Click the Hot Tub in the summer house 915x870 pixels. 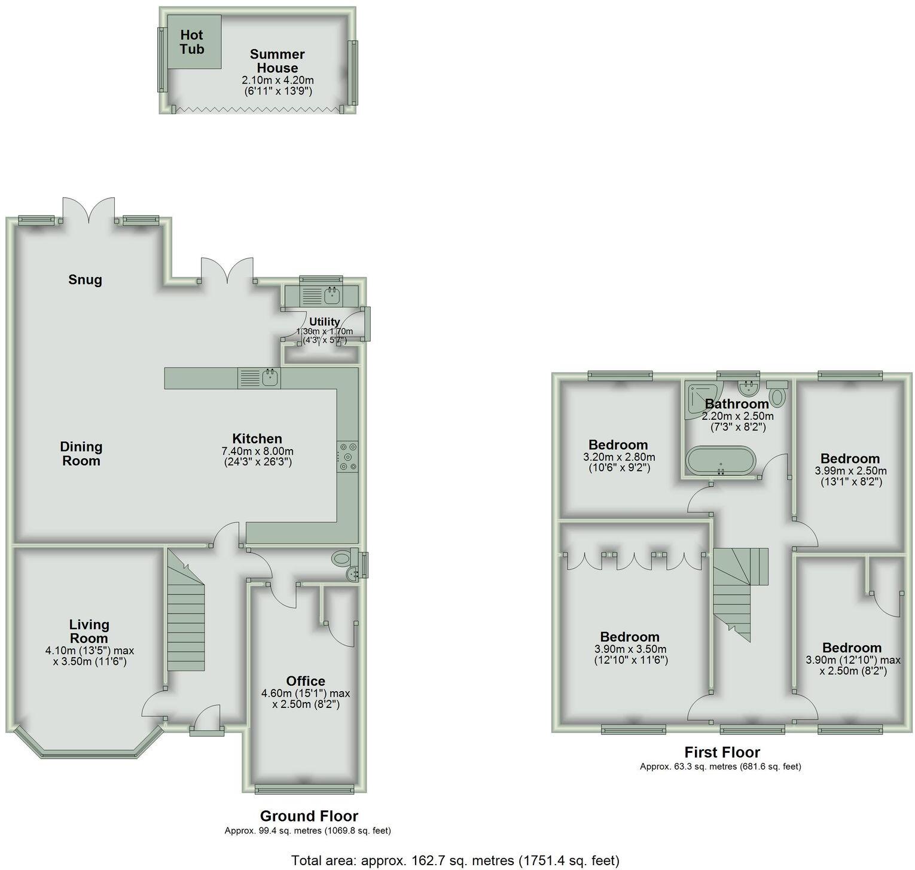[194, 42]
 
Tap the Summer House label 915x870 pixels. [277, 61]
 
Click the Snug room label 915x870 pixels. [85, 280]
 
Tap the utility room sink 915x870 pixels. [331, 295]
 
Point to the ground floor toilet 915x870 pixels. [341, 558]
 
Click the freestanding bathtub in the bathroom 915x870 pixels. [721, 461]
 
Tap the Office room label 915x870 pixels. [306, 681]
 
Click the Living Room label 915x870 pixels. [89, 631]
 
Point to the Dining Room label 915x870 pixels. [81, 454]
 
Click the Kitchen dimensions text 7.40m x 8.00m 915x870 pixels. [257, 451]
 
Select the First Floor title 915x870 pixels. [722, 752]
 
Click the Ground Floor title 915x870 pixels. [309, 816]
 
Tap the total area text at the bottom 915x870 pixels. [455, 860]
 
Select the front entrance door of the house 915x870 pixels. [207, 721]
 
